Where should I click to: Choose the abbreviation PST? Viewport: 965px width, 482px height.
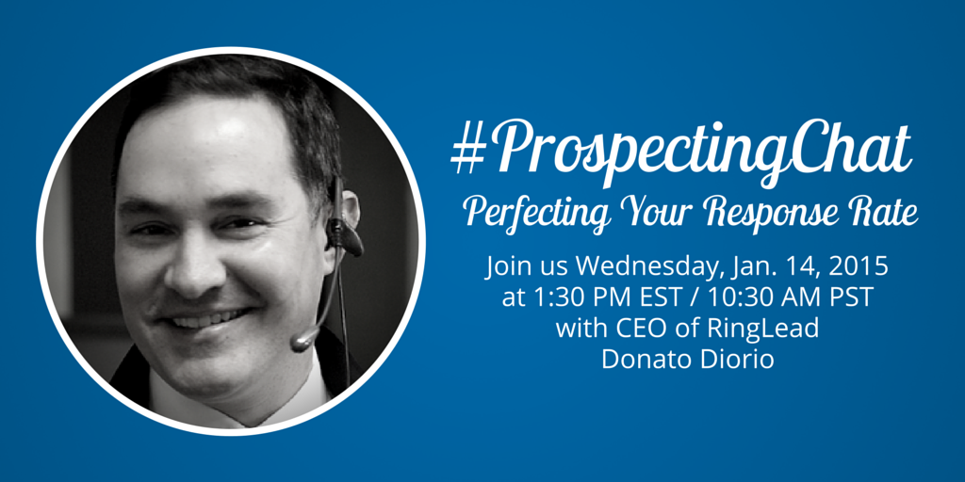pos(852,298)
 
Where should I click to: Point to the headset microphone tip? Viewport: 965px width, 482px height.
pos(299,342)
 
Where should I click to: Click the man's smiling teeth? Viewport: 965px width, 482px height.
pos(204,320)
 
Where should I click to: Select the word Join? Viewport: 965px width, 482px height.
pos(507,268)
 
